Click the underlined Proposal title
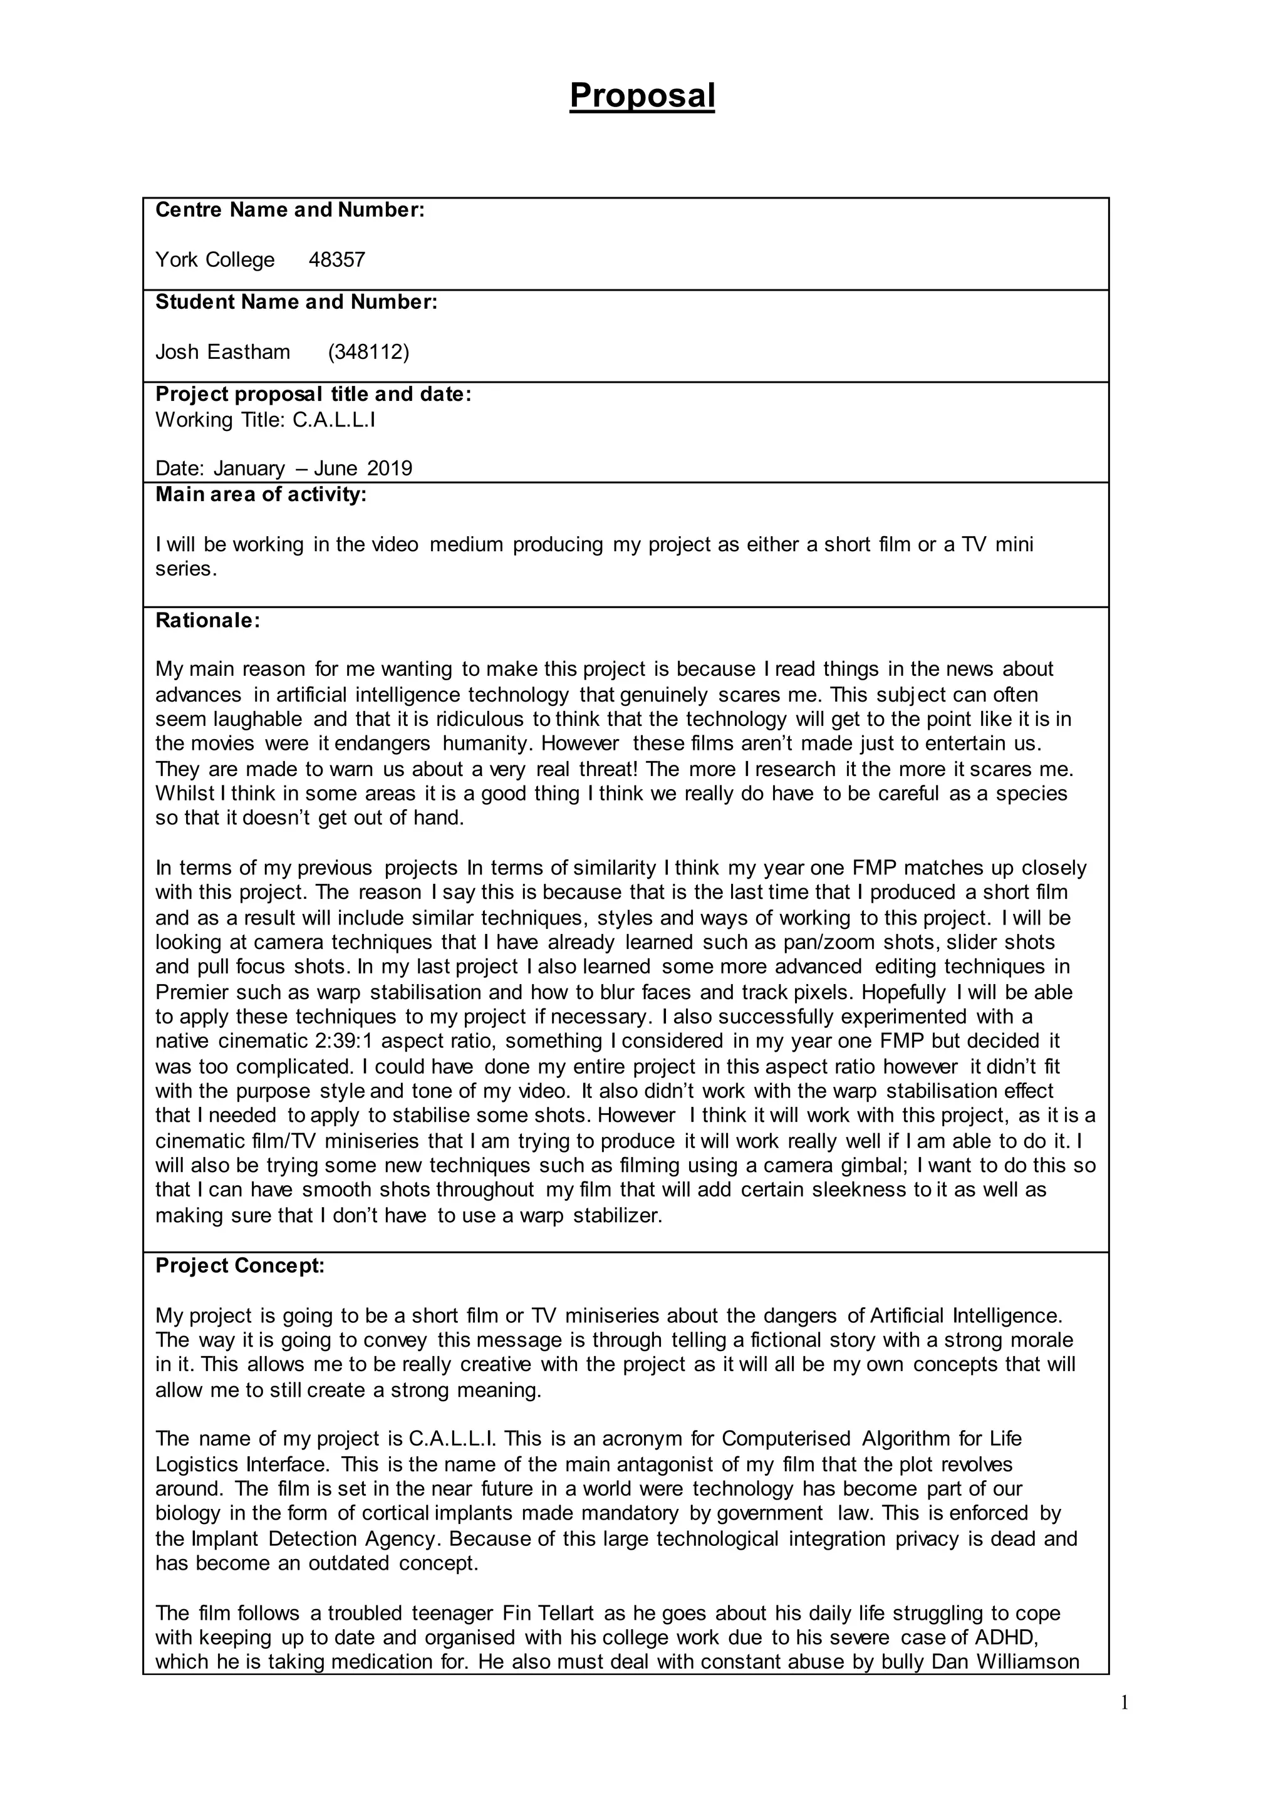(x=641, y=96)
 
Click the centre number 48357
(x=336, y=260)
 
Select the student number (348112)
(x=368, y=351)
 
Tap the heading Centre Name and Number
(x=290, y=210)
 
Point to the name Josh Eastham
(x=223, y=351)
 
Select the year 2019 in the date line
(x=390, y=469)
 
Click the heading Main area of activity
(x=261, y=495)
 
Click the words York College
(x=215, y=260)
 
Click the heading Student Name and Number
(x=296, y=302)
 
